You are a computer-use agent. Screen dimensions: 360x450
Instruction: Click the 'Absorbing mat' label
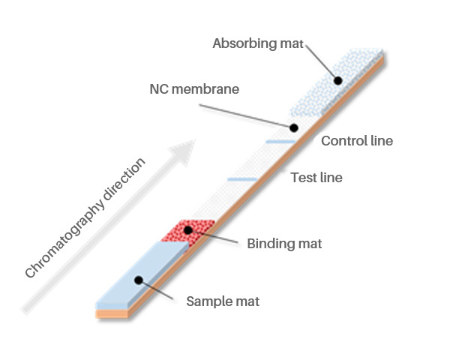tap(257, 43)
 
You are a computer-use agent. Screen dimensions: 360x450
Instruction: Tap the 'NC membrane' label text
tap(193, 89)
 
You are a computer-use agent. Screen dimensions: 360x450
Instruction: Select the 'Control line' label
tap(356, 141)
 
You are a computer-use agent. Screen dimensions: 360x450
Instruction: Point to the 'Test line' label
tap(316, 178)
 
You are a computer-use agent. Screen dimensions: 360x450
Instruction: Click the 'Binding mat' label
tap(284, 244)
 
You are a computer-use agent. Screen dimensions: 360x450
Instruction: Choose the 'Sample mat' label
tap(223, 301)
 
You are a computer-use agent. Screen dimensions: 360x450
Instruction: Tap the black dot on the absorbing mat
tap(338, 79)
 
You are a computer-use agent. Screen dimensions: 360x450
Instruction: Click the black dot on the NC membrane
tap(294, 128)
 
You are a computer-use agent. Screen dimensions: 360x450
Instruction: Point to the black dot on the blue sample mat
tap(137, 280)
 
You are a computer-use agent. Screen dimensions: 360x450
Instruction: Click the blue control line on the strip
tap(280, 141)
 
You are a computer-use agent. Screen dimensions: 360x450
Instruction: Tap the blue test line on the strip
tap(241, 179)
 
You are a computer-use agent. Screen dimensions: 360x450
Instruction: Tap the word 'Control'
tap(343, 141)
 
